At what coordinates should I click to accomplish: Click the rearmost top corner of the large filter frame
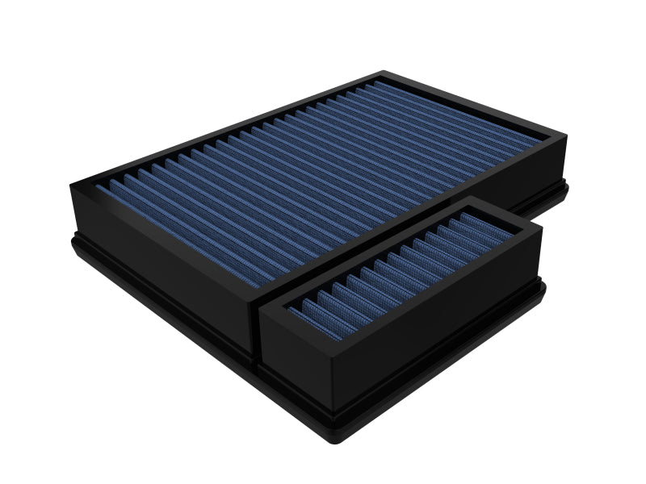pyautogui.click(x=381, y=72)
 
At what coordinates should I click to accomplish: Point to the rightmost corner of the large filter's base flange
pyautogui.click(x=568, y=190)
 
